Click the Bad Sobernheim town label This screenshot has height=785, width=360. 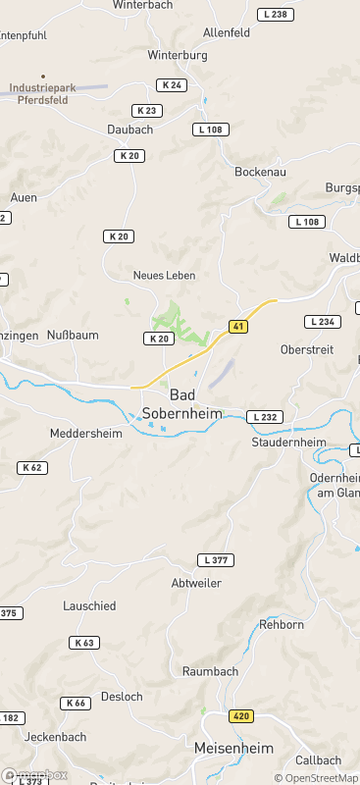coord(181,403)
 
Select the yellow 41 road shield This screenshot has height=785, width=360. coord(237,326)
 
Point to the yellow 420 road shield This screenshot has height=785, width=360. coord(240,716)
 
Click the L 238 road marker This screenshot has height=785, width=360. coord(276,15)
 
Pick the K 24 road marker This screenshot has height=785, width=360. coord(171,85)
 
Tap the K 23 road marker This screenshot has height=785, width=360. coord(146,111)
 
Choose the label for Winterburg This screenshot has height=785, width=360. coord(178,56)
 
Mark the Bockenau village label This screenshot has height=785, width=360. coord(260,171)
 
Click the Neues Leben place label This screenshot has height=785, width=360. coord(165,275)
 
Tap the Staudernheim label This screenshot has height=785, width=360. coord(288,443)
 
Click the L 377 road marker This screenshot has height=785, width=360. coord(215,560)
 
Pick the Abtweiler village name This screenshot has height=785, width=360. coord(196,583)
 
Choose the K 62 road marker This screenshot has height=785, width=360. coord(31,468)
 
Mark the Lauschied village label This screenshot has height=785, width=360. coord(89,606)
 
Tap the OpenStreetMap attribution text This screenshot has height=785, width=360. coord(316,778)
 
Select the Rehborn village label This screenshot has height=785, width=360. coord(282,624)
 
